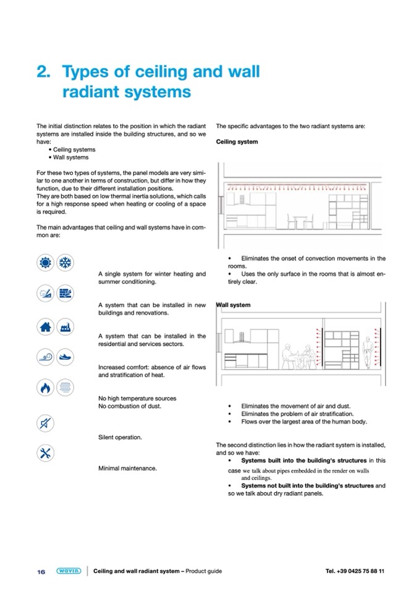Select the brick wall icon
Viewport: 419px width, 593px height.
tap(64, 294)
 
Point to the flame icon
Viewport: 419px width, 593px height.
tap(45, 388)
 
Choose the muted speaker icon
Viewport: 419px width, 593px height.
tap(45, 423)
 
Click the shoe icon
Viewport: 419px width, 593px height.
tap(64, 358)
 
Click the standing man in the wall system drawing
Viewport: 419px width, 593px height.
tap(368, 353)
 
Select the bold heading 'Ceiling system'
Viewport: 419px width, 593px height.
tap(237, 142)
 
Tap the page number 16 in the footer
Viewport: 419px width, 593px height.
tap(41, 571)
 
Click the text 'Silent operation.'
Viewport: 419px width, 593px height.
tap(120, 437)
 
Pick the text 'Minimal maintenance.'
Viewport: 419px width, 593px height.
tap(127, 468)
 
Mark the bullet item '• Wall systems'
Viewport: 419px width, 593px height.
tap(71, 157)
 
